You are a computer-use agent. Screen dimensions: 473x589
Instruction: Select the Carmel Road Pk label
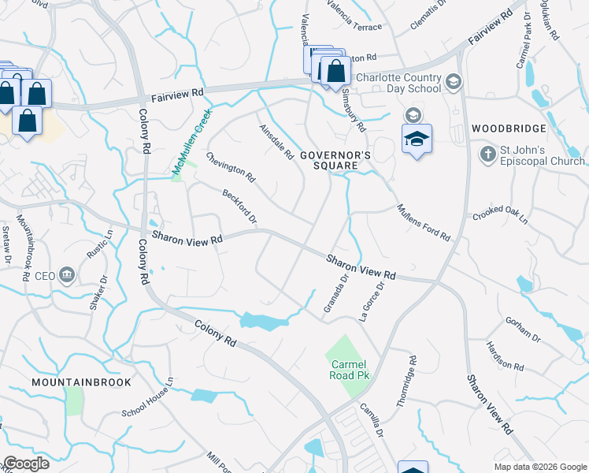[347, 370]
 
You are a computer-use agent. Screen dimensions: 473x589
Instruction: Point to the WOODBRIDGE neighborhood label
[509, 128]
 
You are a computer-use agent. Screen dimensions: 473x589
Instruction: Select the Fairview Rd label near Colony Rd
[176, 93]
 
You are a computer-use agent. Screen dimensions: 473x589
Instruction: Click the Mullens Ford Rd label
[423, 222]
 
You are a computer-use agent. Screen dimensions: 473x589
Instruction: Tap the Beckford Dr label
[239, 206]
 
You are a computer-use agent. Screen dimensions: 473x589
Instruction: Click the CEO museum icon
[67, 275]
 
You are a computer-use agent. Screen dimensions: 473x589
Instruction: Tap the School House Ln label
[146, 404]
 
